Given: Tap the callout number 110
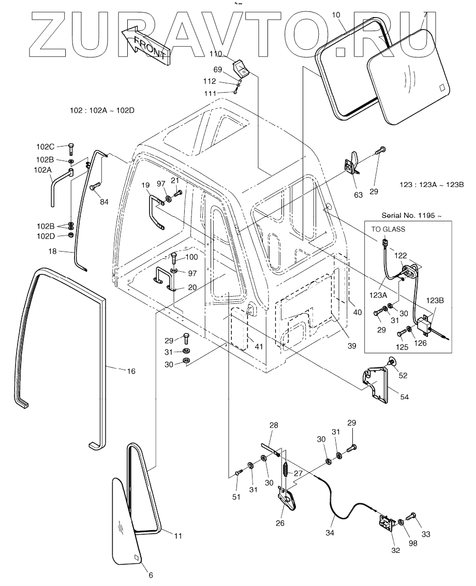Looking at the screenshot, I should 215,54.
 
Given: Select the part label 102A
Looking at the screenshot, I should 43,169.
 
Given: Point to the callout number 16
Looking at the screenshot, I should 131,371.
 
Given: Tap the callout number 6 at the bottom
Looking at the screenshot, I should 151,575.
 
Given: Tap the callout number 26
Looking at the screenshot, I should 280,523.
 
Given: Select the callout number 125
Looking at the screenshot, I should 402,348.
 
